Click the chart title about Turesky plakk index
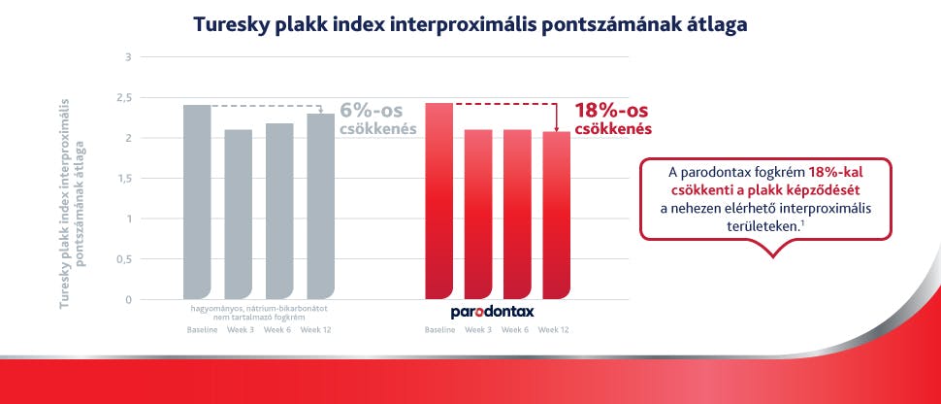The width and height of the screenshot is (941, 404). (x=470, y=24)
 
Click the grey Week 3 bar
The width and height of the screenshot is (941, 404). (x=238, y=214)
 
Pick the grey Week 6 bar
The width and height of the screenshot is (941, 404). (x=279, y=211)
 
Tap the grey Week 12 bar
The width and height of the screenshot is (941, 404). (x=320, y=206)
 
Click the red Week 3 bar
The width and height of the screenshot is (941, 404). (x=478, y=214)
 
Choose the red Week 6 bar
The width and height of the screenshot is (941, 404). (x=518, y=214)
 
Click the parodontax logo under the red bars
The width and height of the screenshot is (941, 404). (x=492, y=313)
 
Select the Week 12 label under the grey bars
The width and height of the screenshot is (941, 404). (x=317, y=330)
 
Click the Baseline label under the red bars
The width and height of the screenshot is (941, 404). (x=439, y=330)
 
